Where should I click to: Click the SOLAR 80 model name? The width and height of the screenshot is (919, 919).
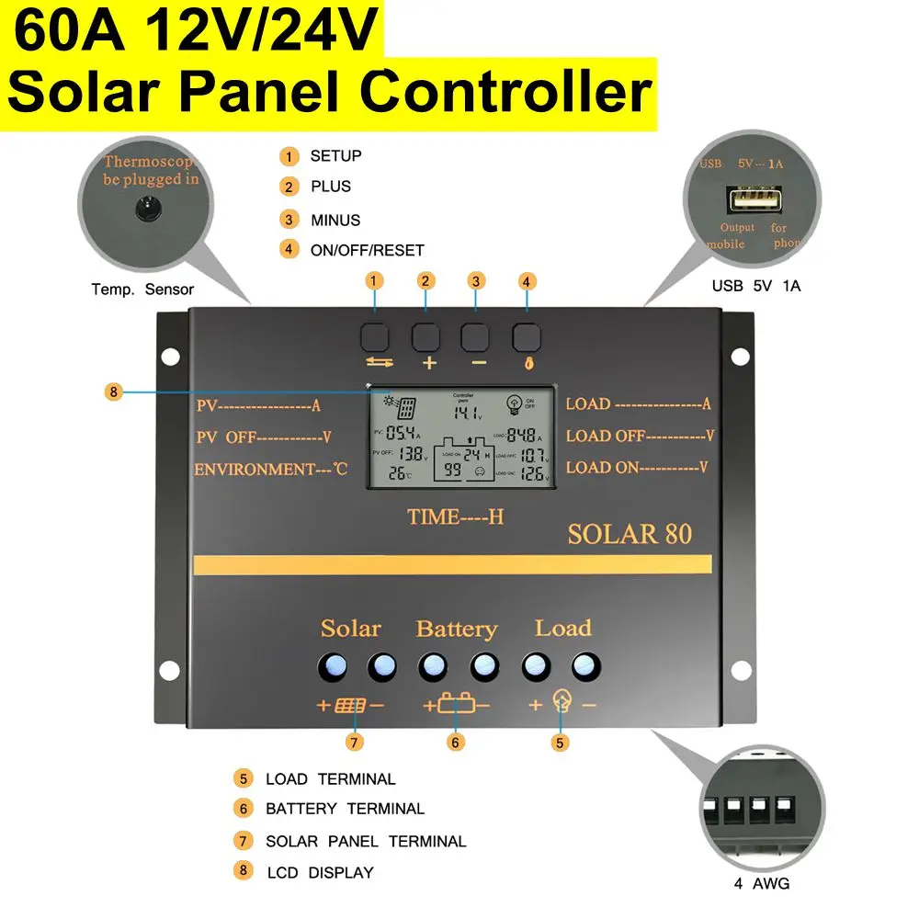click(x=630, y=534)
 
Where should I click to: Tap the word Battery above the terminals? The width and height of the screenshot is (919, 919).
click(x=456, y=630)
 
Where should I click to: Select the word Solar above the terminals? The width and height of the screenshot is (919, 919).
click(x=350, y=629)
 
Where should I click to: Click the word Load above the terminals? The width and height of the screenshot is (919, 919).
click(x=562, y=629)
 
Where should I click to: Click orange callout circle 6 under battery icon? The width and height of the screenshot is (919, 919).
click(x=457, y=741)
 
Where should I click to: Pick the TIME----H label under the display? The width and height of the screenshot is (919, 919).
click(x=456, y=516)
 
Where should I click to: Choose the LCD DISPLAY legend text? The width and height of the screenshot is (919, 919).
click(x=319, y=872)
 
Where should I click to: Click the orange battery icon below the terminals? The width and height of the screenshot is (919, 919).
click(x=457, y=706)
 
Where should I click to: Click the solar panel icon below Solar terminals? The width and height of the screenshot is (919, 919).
click(x=350, y=706)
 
